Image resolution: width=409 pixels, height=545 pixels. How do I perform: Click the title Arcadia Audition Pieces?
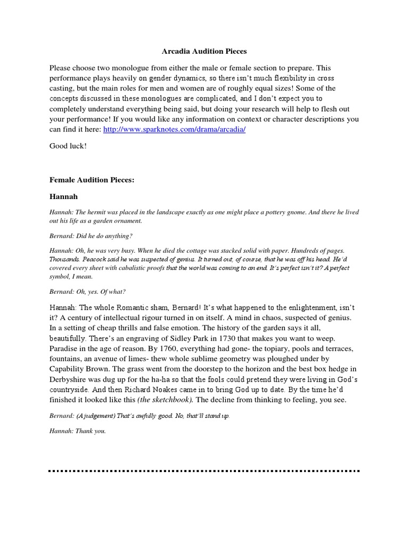[x=204, y=52]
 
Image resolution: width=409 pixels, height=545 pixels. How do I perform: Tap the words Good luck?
[x=68, y=146]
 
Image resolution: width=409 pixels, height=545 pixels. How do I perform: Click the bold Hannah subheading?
[x=63, y=196]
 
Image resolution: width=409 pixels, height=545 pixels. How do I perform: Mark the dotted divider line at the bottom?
[x=204, y=471]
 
